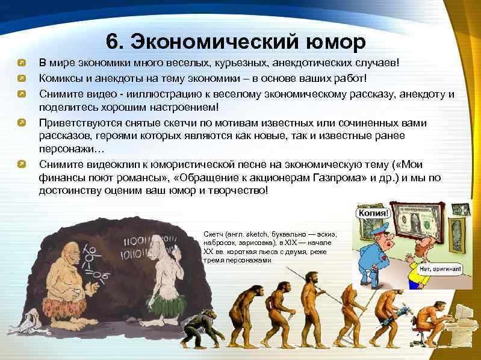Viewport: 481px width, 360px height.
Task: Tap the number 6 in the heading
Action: [113, 43]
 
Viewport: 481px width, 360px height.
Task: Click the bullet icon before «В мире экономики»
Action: [21, 63]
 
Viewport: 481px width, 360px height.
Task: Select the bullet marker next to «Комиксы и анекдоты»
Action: [21, 78]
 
